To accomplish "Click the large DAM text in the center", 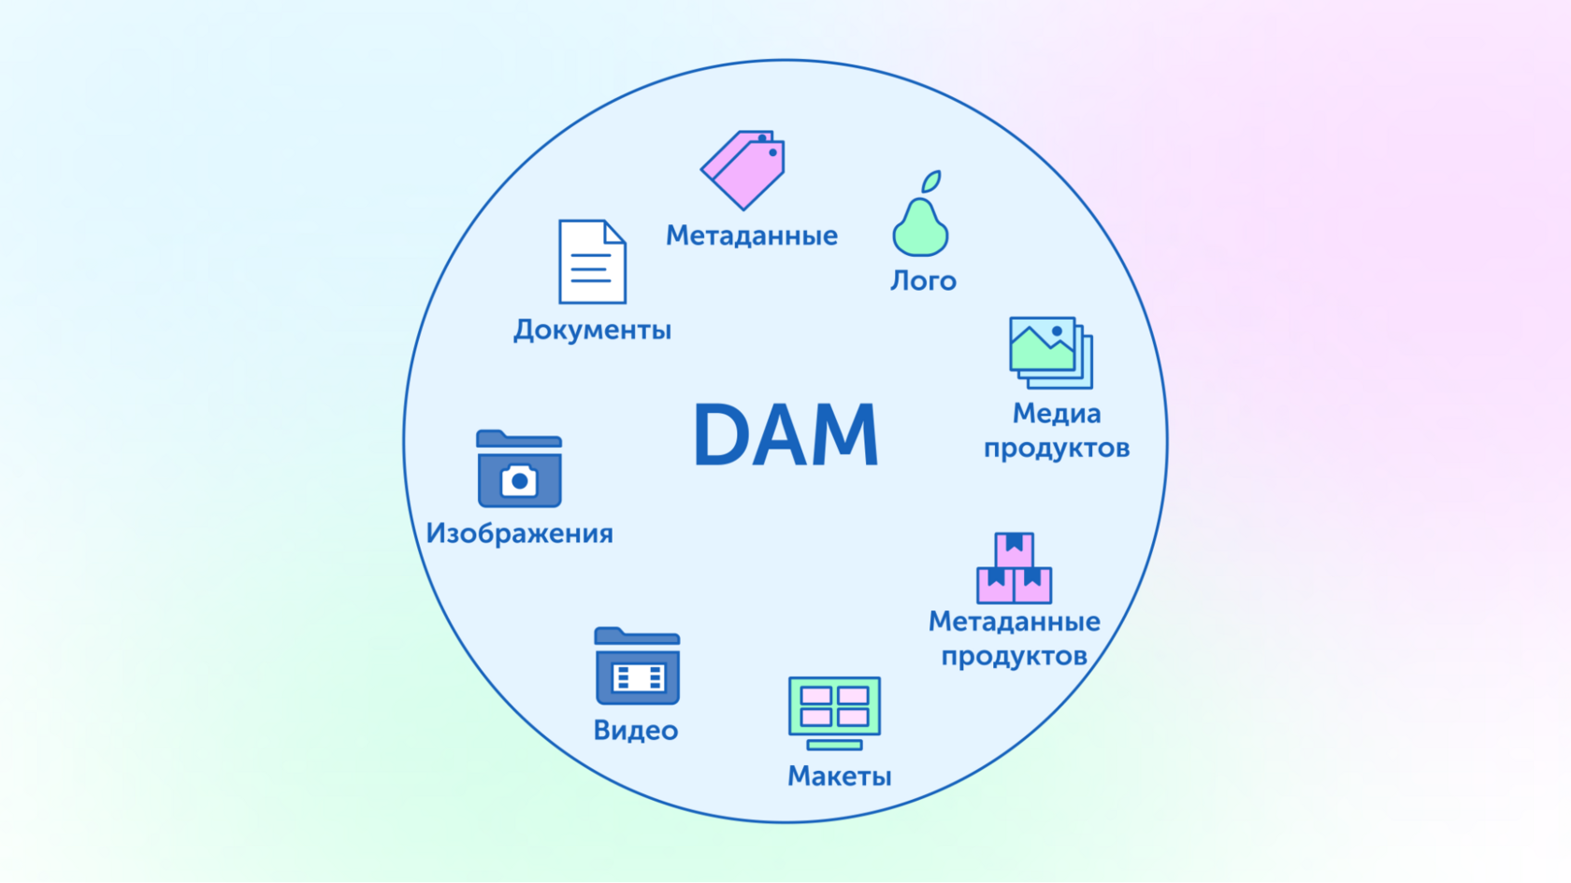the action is (x=785, y=434).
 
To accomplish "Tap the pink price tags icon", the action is (x=744, y=169).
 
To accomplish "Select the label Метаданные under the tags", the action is (x=751, y=235).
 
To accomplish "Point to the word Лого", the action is (x=923, y=280).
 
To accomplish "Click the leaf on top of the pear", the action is (x=931, y=180).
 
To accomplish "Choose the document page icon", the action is (x=592, y=262).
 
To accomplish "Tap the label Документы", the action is (x=592, y=330).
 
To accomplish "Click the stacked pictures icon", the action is (x=1050, y=352).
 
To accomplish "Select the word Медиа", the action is (x=1057, y=413).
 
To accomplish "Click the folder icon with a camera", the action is (x=519, y=469).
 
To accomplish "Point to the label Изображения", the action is (x=519, y=534).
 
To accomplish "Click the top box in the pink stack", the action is (x=1014, y=548).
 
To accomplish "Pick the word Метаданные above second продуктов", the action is (x=1014, y=621).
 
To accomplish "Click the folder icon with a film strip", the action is (x=637, y=666).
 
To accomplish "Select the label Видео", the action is (x=636, y=730).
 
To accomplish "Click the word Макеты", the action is (x=839, y=776).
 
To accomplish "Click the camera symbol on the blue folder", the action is (x=519, y=481).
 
